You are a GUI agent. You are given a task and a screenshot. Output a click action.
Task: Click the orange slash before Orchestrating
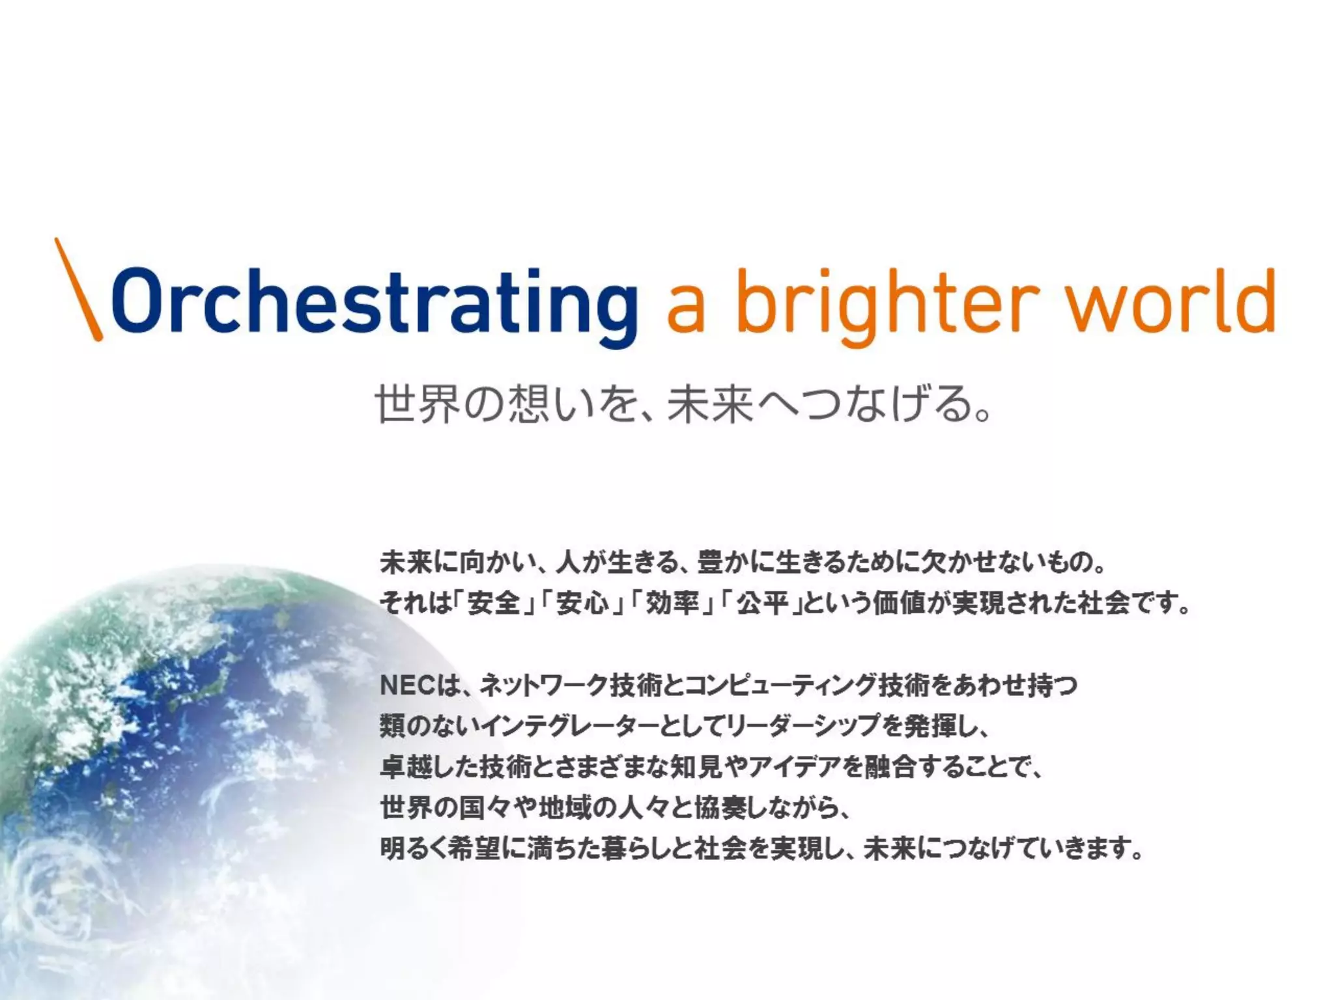(78, 289)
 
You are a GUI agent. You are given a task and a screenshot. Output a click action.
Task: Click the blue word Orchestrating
(375, 303)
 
